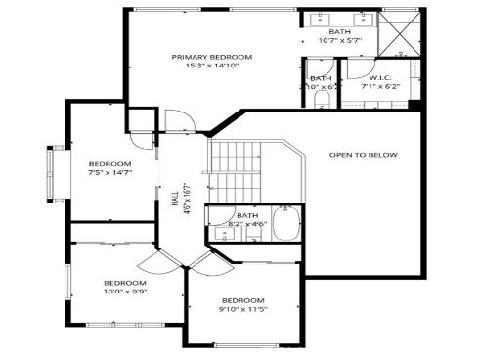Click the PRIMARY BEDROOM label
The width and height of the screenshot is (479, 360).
click(211, 57)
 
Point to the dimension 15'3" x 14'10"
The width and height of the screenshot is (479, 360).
click(211, 67)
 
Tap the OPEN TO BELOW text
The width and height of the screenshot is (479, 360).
click(363, 155)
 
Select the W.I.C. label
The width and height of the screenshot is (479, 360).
click(380, 77)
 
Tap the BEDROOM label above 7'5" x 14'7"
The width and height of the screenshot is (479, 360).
click(109, 163)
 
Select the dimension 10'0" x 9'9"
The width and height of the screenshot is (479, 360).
click(125, 292)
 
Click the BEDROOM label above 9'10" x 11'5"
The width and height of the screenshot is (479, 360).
click(243, 299)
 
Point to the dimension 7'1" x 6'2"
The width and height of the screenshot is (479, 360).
click(380, 86)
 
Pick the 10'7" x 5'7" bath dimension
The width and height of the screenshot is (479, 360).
click(340, 41)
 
